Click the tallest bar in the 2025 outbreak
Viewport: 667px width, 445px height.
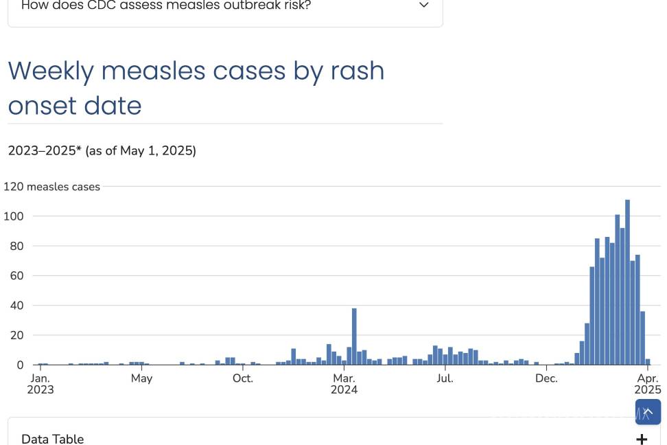pos(627,282)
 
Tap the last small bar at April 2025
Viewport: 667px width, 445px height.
pos(647,361)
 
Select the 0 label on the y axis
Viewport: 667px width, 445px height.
pos(20,365)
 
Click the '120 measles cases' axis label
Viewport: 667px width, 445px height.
pos(52,187)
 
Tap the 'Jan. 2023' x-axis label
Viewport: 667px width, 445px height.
pos(40,384)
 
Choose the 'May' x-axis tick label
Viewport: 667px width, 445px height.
pos(141,378)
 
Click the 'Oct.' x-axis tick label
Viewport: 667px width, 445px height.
pos(242,378)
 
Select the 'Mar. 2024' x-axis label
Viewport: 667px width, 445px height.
pos(344,384)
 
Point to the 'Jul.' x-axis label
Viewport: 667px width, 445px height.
pos(445,378)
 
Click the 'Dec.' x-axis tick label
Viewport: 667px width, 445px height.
pos(546,378)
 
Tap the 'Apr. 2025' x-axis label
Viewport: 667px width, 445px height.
pos(648,384)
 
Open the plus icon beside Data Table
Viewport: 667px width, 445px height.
pos(642,439)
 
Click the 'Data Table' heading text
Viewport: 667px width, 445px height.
pos(53,439)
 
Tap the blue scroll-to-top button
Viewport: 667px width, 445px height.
pos(648,412)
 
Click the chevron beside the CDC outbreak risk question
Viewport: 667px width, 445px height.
pos(424,5)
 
